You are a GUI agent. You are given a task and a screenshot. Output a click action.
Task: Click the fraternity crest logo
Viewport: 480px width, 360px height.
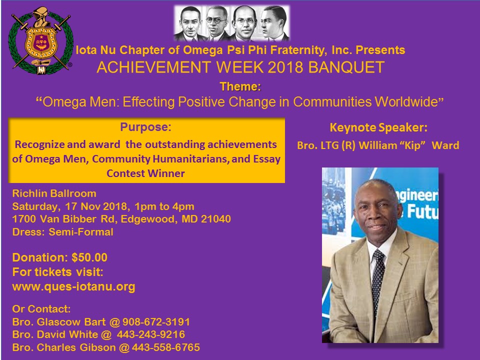(x=40, y=40)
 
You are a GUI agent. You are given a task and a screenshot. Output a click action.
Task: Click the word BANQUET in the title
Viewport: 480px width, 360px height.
(x=346, y=67)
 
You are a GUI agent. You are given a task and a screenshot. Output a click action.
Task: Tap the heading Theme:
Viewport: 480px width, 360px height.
(x=240, y=86)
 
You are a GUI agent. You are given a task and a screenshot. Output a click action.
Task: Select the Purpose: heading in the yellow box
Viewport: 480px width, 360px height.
(x=145, y=126)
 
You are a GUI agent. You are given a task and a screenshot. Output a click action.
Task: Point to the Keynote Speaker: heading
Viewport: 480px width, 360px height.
(x=378, y=127)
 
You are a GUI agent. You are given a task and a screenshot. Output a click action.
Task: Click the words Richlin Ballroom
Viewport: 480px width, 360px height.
(x=54, y=193)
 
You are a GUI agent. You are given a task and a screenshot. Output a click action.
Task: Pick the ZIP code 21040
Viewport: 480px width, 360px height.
(x=216, y=219)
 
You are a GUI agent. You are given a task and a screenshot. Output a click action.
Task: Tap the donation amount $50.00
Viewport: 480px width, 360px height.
(x=89, y=257)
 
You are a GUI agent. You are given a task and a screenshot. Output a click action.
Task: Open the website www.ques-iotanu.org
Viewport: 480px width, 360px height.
(x=74, y=287)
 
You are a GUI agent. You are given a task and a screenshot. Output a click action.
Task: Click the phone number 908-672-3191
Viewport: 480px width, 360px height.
(x=156, y=322)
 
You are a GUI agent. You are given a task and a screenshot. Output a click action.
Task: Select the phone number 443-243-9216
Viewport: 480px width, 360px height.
(x=151, y=334)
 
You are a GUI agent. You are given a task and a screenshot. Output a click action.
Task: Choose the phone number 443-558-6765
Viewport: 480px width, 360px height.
(x=166, y=347)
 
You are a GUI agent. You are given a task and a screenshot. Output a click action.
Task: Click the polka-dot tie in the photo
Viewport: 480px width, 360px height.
(x=378, y=279)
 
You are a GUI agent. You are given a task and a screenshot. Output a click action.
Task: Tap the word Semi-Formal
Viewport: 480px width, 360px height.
(x=81, y=232)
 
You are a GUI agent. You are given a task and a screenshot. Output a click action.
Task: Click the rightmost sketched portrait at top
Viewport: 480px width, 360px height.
(x=274, y=23)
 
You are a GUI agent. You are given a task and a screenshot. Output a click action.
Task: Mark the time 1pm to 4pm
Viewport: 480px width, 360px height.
(x=164, y=206)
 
